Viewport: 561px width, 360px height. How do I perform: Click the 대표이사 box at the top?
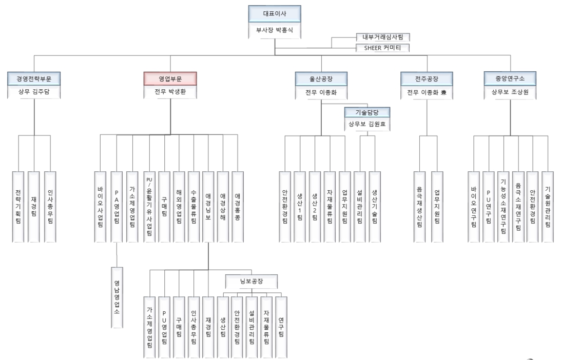pos(275,14)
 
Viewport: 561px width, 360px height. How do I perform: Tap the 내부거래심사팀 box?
pos(383,37)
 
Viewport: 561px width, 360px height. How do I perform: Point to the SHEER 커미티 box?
pos(383,48)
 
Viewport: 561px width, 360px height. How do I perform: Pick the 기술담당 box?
pos(367,112)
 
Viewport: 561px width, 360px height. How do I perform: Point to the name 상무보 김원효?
pos(367,125)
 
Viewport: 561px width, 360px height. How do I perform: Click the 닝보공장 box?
pos(252,281)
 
